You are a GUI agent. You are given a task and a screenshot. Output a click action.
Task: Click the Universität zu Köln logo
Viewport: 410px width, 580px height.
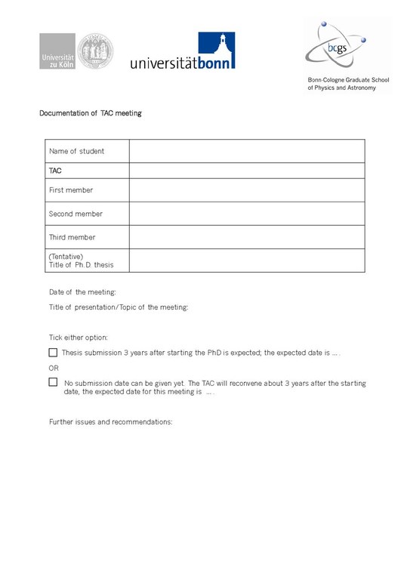(x=58, y=51)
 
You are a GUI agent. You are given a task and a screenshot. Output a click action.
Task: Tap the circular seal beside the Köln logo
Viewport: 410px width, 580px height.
(x=96, y=51)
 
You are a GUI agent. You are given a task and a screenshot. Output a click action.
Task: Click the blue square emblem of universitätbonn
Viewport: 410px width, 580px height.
(x=217, y=50)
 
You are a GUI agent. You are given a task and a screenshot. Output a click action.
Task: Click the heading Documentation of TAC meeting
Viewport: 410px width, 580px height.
(x=91, y=113)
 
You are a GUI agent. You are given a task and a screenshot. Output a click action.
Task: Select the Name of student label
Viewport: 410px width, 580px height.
(x=77, y=151)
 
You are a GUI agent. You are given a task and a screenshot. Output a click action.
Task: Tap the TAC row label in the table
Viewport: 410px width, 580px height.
(x=55, y=171)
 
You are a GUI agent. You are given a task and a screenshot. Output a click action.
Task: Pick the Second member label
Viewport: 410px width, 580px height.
(x=76, y=214)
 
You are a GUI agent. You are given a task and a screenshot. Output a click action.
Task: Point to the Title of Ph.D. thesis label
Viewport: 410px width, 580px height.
(x=81, y=265)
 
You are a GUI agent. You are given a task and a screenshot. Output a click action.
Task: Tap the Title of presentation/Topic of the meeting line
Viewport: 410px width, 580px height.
(x=119, y=307)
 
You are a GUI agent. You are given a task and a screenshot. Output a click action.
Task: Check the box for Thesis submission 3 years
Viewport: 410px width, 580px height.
(x=53, y=352)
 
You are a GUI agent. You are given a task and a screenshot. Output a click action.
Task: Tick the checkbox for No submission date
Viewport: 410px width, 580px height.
(x=53, y=382)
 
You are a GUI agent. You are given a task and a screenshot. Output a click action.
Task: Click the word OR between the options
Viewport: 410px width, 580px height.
(x=54, y=367)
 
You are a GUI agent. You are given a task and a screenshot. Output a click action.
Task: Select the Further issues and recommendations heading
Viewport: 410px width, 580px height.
(x=111, y=421)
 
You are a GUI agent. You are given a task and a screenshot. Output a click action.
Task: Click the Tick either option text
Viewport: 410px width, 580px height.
(x=79, y=337)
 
